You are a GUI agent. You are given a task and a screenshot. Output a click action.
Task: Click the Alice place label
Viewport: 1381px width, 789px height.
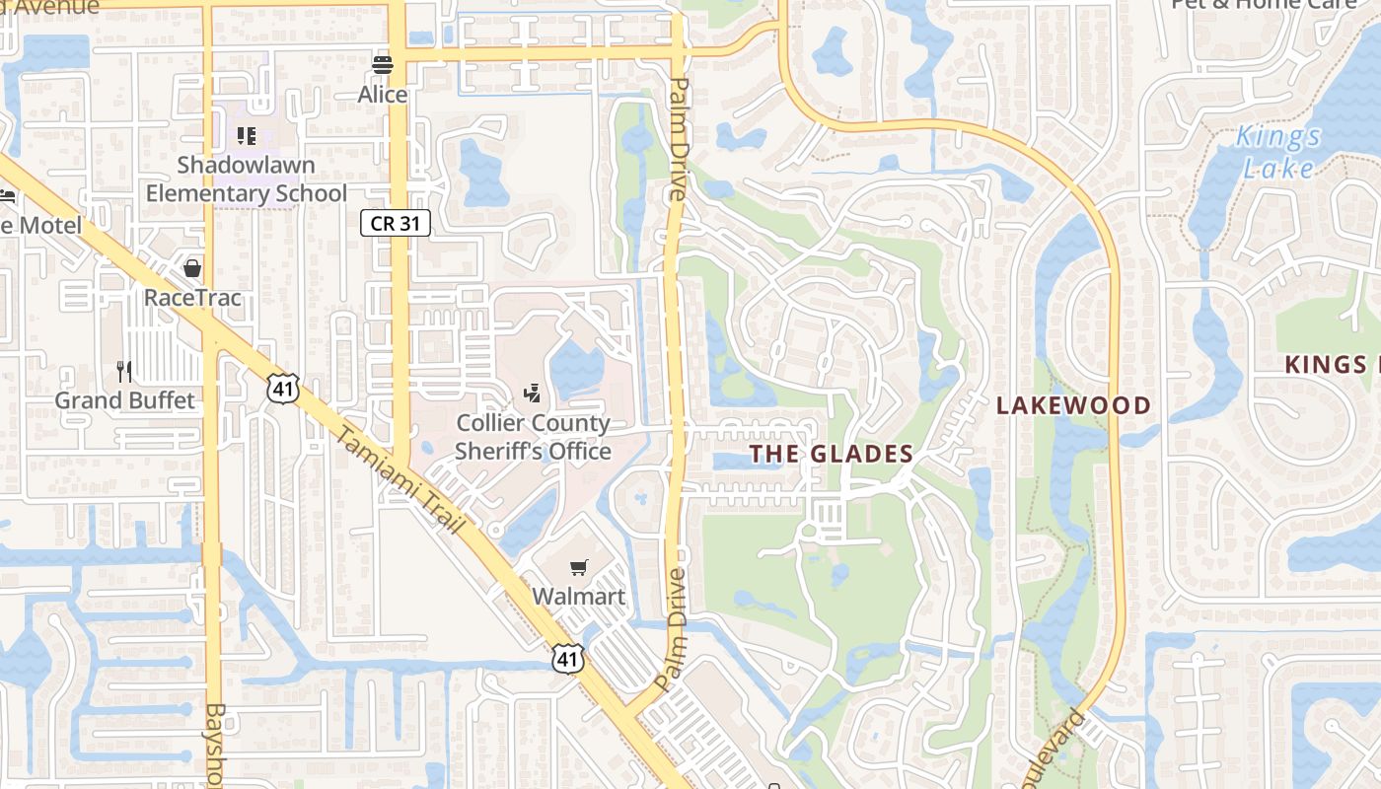tap(382, 95)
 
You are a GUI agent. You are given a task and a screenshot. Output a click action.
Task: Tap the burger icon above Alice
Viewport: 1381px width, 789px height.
tap(383, 66)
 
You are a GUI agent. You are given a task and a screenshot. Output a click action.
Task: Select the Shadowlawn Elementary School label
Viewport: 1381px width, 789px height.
tap(247, 179)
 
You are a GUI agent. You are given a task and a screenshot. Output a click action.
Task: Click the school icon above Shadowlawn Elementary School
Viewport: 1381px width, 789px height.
tap(247, 135)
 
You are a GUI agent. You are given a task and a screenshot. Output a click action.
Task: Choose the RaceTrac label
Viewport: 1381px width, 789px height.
tap(192, 297)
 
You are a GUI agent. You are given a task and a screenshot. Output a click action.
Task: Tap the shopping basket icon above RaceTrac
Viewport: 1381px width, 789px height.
tap(192, 268)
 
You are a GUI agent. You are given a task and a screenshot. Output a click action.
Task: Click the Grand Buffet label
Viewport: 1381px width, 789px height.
tap(124, 400)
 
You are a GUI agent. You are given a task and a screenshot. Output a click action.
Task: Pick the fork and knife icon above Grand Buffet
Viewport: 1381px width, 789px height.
tap(124, 372)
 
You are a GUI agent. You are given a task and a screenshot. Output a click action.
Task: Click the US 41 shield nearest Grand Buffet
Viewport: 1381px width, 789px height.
tap(282, 389)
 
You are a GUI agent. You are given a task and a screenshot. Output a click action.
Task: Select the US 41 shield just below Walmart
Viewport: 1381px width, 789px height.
tap(567, 659)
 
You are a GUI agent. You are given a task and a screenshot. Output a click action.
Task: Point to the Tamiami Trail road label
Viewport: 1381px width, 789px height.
tap(400, 481)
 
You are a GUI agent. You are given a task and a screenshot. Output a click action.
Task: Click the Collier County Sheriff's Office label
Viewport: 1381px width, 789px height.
tap(533, 437)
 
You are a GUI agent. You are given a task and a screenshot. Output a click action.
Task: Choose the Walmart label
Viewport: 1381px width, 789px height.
tap(579, 597)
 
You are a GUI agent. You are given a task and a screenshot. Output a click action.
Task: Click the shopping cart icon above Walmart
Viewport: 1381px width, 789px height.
tap(579, 567)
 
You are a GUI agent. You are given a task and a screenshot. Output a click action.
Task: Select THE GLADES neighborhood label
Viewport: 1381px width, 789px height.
tap(831, 454)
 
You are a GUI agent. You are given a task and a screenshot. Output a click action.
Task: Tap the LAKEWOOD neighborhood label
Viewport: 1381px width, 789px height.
tap(1073, 405)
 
